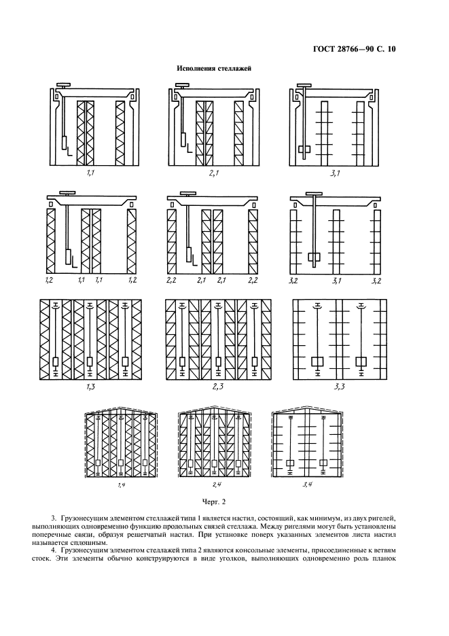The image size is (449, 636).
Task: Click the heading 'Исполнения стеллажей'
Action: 214,69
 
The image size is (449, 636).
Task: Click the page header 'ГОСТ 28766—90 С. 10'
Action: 354,49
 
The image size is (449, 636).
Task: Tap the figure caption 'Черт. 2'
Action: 214,501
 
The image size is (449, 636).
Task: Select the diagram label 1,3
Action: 90,387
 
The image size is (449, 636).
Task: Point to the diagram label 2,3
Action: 218,387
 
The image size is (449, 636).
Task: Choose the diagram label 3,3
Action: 340,387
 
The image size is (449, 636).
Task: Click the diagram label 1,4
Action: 122,485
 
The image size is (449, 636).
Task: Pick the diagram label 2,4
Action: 217,484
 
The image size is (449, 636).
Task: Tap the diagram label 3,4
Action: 307,484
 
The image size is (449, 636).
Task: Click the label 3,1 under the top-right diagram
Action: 335,173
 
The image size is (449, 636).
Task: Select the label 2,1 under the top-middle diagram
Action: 215,173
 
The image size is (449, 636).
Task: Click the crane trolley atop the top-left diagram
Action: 64,85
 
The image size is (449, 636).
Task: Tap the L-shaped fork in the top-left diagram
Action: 70,152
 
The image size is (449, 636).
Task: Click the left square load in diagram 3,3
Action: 317,361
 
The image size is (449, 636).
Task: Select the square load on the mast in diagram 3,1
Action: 304,149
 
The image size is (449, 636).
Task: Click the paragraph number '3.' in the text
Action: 54,518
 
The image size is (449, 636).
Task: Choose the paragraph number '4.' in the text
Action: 54,550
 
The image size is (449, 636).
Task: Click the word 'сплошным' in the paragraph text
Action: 92,543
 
